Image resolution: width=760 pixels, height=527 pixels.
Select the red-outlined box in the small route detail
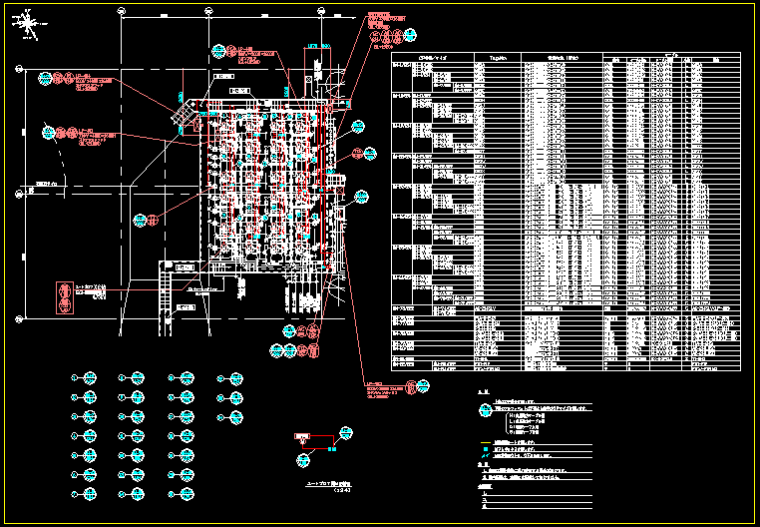point(302,438)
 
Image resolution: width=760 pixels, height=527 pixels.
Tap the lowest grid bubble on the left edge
point(19,318)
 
